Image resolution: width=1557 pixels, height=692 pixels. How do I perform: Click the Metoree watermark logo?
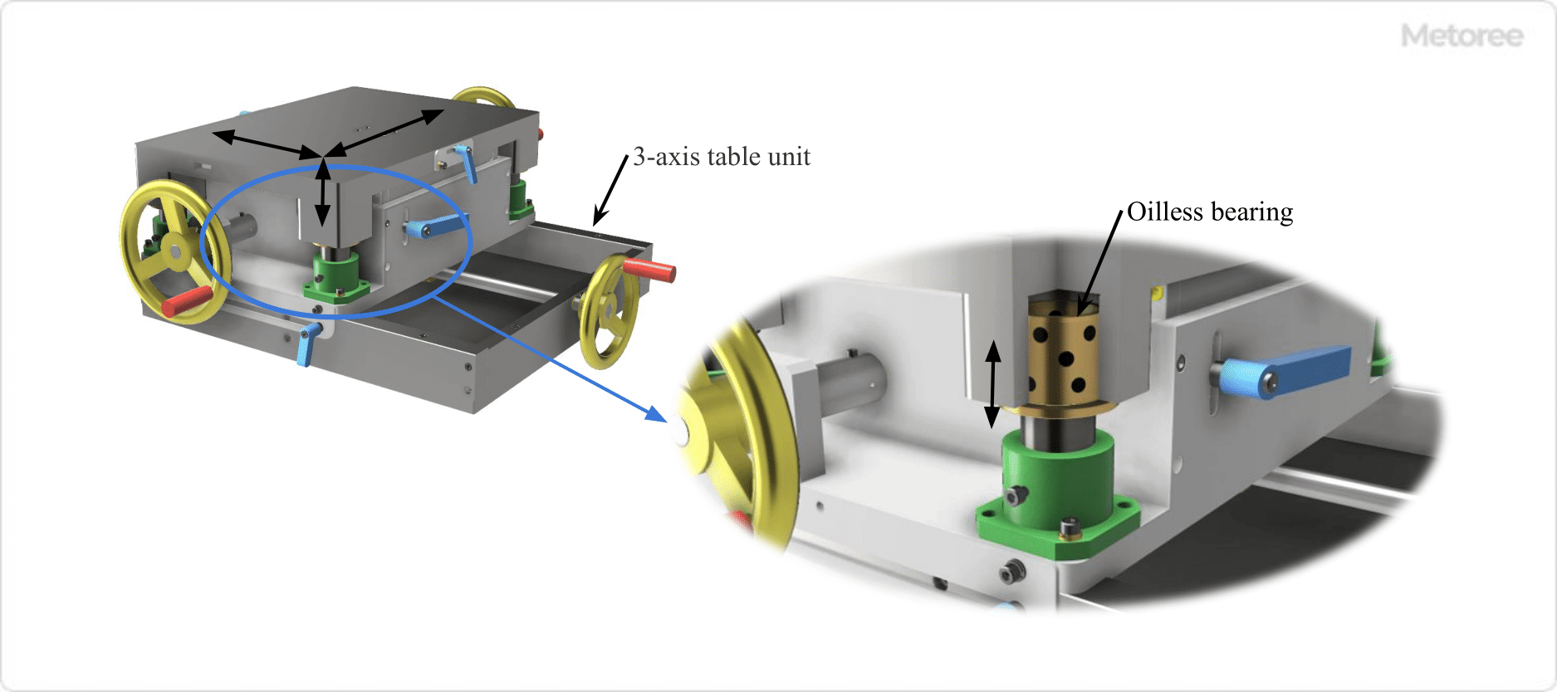pos(1462,36)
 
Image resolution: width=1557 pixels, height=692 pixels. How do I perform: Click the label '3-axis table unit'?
pos(721,157)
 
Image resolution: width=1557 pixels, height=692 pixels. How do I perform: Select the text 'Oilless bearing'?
pos(1209,212)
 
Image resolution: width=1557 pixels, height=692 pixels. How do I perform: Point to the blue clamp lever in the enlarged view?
pos(1295,372)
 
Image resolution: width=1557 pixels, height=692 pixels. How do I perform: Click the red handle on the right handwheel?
pos(649,270)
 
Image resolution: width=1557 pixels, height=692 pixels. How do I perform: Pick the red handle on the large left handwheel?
pos(188,301)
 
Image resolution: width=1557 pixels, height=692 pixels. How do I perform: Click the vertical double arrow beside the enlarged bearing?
pos(992,384)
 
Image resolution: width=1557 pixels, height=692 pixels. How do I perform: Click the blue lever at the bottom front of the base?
pos(307,344)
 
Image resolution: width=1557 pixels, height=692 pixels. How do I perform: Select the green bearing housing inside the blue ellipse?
pos(335,273)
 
